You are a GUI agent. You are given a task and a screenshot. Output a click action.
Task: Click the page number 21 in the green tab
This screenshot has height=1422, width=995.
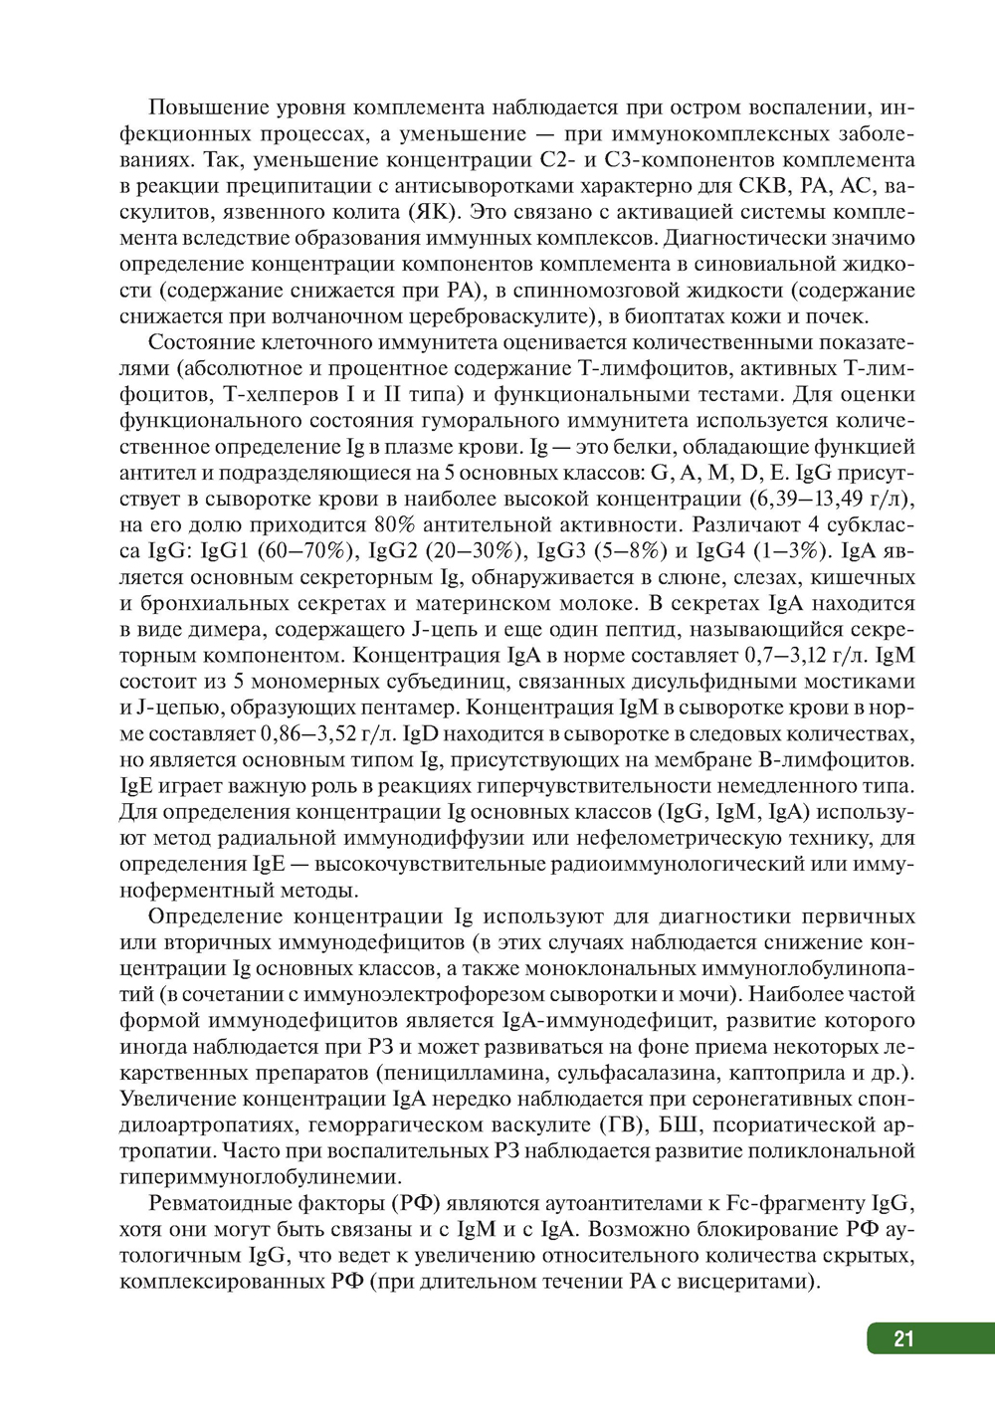point(903,1338)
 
